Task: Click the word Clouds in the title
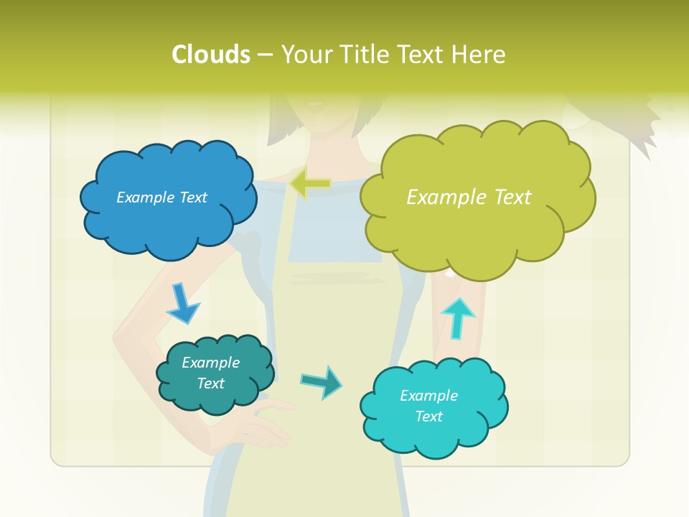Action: click(x=211, y=55)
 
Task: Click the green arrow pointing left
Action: click(x=310, y=185)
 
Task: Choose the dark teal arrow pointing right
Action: click(x=322, y=381)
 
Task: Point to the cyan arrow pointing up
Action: click(x=457, y=318)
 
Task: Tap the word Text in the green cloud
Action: click(x=512, y=197)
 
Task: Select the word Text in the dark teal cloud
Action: click(x=211, y=383)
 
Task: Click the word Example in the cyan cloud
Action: click(x=428, y=396)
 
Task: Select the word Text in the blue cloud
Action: click(x=193, y=197)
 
